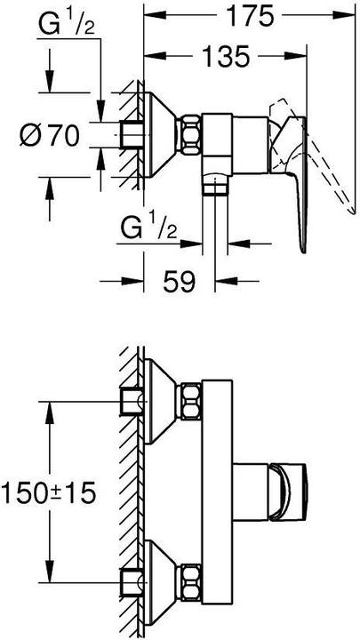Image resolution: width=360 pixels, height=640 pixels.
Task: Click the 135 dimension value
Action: (225, 56)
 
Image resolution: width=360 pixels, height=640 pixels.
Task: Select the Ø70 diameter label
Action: (50, 135)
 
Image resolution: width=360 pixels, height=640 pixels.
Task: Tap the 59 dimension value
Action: (180, 281)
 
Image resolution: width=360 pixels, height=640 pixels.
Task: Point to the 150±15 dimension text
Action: (49, 492)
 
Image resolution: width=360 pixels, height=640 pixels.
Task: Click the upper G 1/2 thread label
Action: (67, 25)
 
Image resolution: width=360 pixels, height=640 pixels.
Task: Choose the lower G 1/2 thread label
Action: (148, 228)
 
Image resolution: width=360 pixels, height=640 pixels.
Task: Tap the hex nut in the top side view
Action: (190, 134)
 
